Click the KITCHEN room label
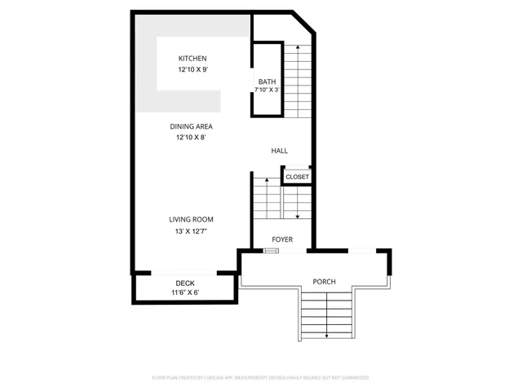(192, 59)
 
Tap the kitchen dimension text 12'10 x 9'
(192, 70)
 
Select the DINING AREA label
(192, 126)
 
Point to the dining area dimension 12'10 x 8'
(192, 138)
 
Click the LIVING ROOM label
(192, 219)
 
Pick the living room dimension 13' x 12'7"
(192, 231)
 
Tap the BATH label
(267, 81)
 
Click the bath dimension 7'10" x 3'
(267, 90)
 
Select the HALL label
(280, 151)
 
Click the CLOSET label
(297, 177)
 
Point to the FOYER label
(282, 239)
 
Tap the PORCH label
(325, 282)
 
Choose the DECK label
(185, 283)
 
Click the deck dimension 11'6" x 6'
(185, 292)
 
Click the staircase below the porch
(326, 318)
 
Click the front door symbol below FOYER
(271, 251)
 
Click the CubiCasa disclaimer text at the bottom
(261, 377)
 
